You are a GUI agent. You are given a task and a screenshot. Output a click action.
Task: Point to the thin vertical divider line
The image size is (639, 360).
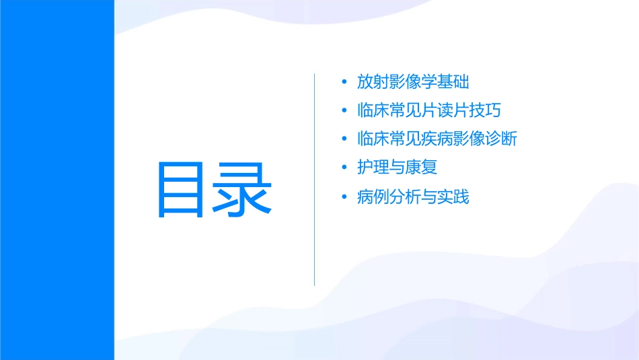pos(315,180)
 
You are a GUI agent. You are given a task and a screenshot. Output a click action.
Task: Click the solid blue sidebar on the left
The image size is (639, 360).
pos(57,180)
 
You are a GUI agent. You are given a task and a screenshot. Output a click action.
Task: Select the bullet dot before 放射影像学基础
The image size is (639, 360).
pos(345,82)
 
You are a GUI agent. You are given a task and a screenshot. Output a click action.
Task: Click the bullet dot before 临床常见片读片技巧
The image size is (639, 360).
pos(345,111)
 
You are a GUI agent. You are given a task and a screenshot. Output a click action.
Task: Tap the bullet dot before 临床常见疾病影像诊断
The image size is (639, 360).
pos(345,140)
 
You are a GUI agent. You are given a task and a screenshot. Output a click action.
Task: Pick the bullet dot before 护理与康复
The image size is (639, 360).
pos(345,168)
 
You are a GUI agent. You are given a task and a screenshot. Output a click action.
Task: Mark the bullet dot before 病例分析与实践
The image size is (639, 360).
pos(345,197)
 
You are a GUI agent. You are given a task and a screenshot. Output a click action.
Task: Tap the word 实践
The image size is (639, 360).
pos(453,197)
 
